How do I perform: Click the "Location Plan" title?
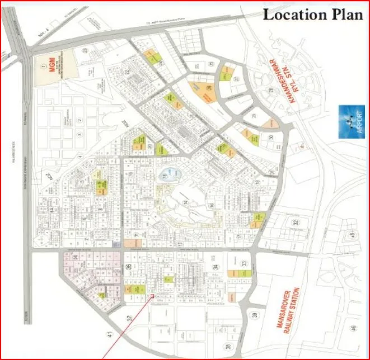point(313,15)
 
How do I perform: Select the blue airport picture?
point(350,121)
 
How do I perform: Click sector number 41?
point(109,335)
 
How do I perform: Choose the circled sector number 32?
point(295,222)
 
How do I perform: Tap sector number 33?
point(243,264)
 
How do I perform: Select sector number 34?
point(216,268)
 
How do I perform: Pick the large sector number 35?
point(129,268)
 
